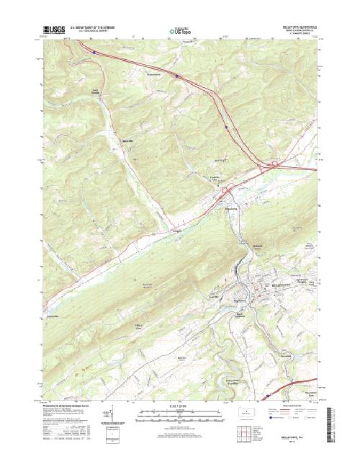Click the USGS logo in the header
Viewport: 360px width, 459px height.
54,30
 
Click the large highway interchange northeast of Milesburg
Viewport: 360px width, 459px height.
274,166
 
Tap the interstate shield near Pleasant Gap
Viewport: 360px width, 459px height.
269,395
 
